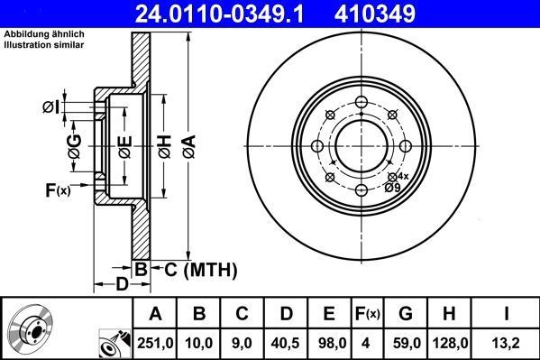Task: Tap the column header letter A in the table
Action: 156,313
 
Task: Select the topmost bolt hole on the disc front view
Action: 361,101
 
